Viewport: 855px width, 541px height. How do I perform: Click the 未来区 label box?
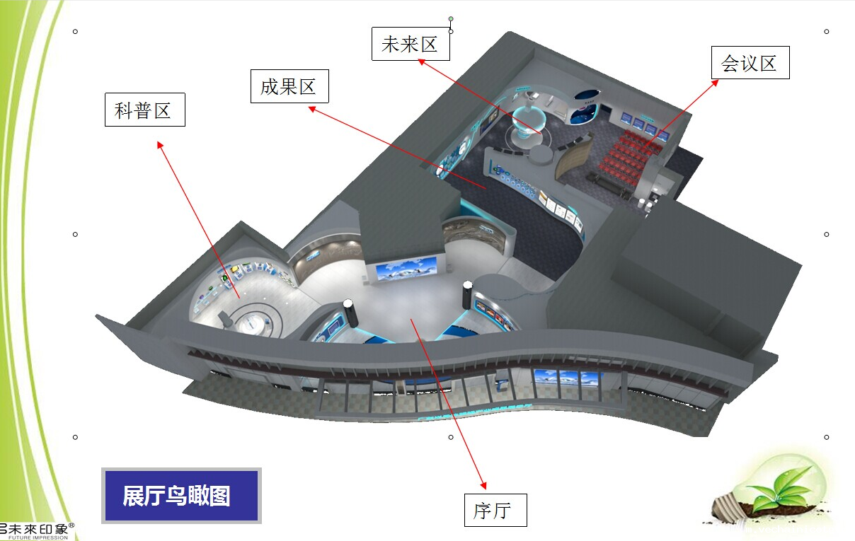pyautogui.click(x=411, y=44)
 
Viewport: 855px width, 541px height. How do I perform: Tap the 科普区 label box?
pyautogui.click(x=144, y=110)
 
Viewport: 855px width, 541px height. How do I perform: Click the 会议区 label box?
pyautogui.click(x=750, y=62)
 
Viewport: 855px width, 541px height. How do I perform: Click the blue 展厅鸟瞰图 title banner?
pyautogui.click(x=181, y=496)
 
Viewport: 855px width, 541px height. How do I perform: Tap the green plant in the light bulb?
pyautogui.click(x=779, y=487)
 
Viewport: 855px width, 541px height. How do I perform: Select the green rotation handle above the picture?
pyautogui.click(x=451, y=19)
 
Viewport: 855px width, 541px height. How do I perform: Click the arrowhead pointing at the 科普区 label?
pyautogui.click(x=159, y=144)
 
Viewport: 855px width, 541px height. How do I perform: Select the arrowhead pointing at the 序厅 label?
pyautogui.click(x=485, y=486)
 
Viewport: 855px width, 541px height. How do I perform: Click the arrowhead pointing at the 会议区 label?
pyautogui.click(x=715, y=82)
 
